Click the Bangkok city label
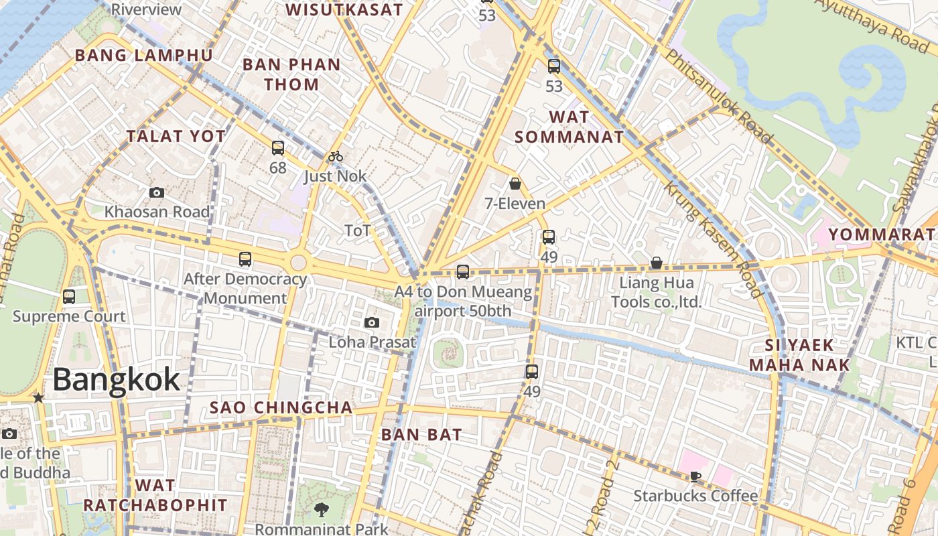click(116, 380)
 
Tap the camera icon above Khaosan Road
click(157, 193)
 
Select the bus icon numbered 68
click(278, 148)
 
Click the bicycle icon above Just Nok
click(336, 157)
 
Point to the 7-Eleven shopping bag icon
click(515, 184)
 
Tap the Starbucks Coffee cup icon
click(695, 476)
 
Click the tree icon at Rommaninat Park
click(322, 510)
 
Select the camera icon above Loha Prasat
click(372, 322)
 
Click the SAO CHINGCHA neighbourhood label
click(281, 407)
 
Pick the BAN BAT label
click(421, 434)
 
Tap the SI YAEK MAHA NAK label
click(799, 355)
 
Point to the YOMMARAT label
click(881, 234)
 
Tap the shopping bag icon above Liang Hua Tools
click(657, 263)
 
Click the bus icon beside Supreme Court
click(68, 296)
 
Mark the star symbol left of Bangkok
click(38, 398)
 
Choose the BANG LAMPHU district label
click(144, 55)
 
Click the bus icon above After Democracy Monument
click(245, 259)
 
